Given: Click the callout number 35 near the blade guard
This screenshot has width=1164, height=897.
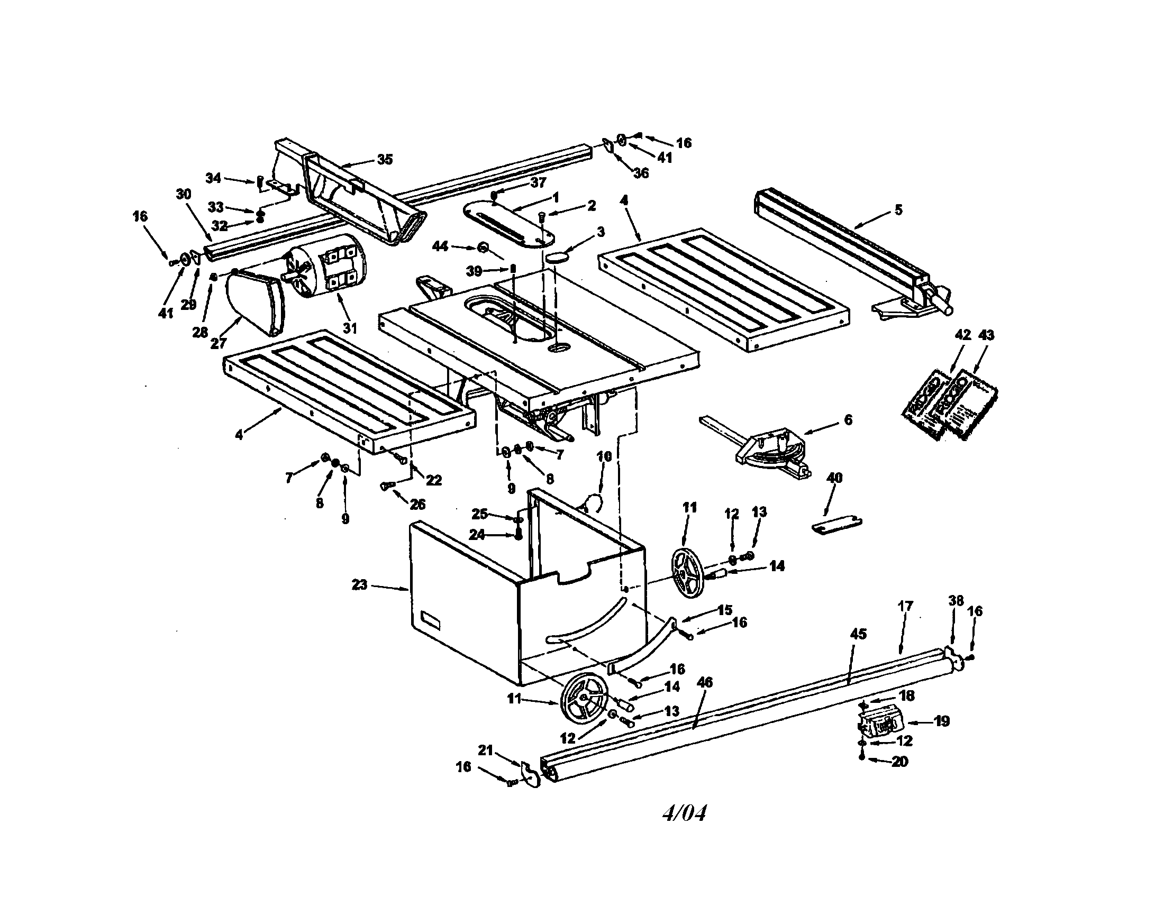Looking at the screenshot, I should click(384, 159).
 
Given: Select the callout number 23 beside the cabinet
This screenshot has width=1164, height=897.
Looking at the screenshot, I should click(360, 584).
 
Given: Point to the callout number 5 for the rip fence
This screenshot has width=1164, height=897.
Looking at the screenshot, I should click(898, 210).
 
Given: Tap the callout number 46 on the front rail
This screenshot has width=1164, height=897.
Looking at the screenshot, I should click(705, 682).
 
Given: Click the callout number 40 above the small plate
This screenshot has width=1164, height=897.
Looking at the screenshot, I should click(834, 478).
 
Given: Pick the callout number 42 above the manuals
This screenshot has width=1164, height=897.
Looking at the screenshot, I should click(962, 335).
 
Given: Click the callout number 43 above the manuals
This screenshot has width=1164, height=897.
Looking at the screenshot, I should click(986, 335).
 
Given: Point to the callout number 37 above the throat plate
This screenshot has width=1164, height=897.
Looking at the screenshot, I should click(538, 182).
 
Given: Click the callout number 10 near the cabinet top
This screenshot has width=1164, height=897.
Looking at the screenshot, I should click(604, 456).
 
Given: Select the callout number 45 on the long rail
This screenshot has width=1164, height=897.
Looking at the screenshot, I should click(858, 634).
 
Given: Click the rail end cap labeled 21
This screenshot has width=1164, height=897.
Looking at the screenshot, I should click(530, 774).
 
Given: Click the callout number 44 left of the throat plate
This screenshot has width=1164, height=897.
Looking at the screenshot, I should click(440, 246).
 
